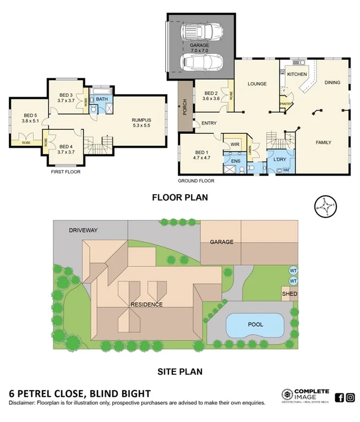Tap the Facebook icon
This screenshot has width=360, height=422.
pos(339,398)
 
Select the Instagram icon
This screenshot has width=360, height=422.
pos(350,398)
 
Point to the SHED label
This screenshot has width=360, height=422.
pos(290,294)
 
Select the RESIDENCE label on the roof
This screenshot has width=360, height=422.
pos(146,304)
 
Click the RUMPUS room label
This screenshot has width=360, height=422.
pos(141,120)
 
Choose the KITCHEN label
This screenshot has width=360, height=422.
pos(297,73)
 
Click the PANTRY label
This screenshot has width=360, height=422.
pos(286,103)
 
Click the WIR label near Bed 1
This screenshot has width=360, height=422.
pos(234,145)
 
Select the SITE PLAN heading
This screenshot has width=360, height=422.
pos(179,371)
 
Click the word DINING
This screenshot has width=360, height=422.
pos(332,83)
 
